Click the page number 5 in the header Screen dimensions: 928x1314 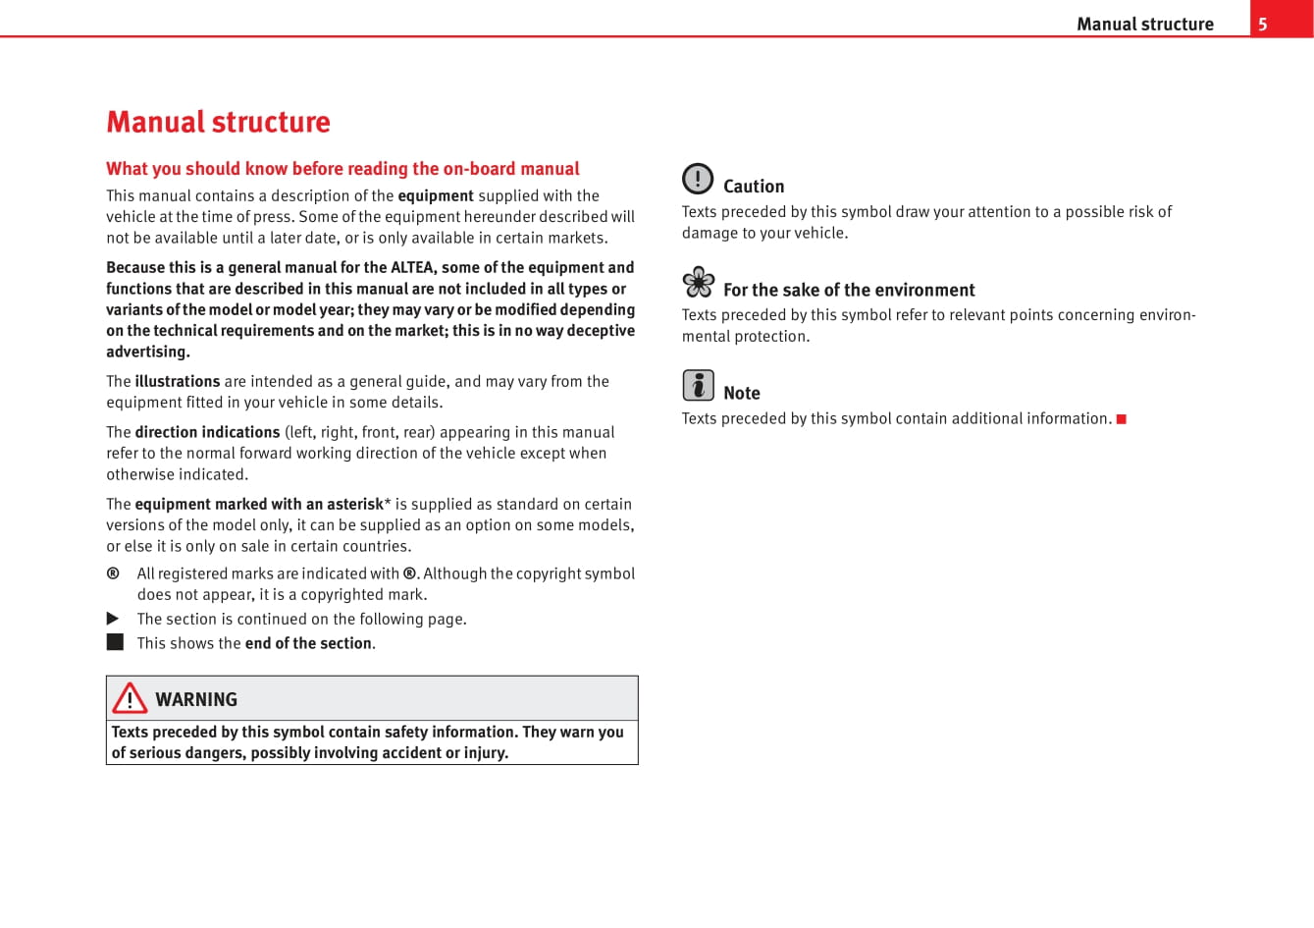pos(1263,25)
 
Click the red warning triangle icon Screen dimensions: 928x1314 pos(130,698)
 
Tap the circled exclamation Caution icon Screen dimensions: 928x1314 pos(698,179)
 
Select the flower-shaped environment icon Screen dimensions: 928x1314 pos(699,283)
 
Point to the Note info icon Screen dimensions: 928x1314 pos(698,385)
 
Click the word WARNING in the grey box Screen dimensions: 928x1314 pos(196,699)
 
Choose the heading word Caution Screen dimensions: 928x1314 pos(754,187)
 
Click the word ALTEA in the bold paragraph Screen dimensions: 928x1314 pos(413,267)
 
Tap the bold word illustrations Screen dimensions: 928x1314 pos(178,381)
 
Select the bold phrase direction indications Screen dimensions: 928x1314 pos(207,432)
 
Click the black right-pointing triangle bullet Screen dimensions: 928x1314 pos(114,619)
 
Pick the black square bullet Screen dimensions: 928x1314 pos(115,642)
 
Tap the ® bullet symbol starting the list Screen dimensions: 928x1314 pos(113,573)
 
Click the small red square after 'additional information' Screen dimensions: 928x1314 pos(1122,419)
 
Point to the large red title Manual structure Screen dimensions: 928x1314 pos(218,122)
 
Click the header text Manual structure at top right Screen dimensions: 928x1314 pos(1144,25)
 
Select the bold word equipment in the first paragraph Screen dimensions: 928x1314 pos(436,195)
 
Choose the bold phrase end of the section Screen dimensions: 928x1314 pos(308,643)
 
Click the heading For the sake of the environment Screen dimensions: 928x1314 pos(849,290)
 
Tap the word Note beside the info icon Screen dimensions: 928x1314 pos(742,393)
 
